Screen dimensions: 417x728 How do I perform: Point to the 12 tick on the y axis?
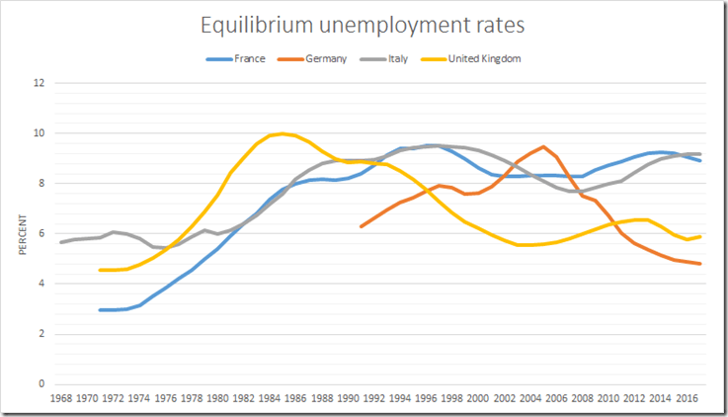coord(40,83)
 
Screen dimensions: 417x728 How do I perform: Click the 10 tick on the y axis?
coord(40,133)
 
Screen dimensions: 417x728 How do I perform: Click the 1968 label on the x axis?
coord(60,400)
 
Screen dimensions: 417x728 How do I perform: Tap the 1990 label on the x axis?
coord(348,400)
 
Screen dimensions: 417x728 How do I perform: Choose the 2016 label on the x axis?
coord(688,400)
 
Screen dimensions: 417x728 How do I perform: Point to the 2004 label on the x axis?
coord(530,400)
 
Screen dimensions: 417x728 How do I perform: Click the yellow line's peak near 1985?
coord(283,133)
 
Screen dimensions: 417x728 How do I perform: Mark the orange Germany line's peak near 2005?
coord(543,146)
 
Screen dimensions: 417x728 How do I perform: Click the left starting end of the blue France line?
coord(100,310)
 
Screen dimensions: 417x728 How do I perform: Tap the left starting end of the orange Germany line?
coord(362,227)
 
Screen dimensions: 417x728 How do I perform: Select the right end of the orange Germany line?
coord(700,264)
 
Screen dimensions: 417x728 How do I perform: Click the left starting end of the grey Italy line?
coord(60,242)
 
